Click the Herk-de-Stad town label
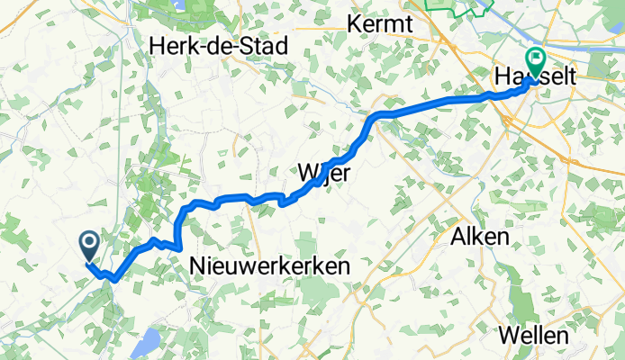tap(219, 45)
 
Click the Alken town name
tap(477, 237)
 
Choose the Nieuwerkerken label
tap(270, 265)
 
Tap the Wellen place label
tap(537, 336)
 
